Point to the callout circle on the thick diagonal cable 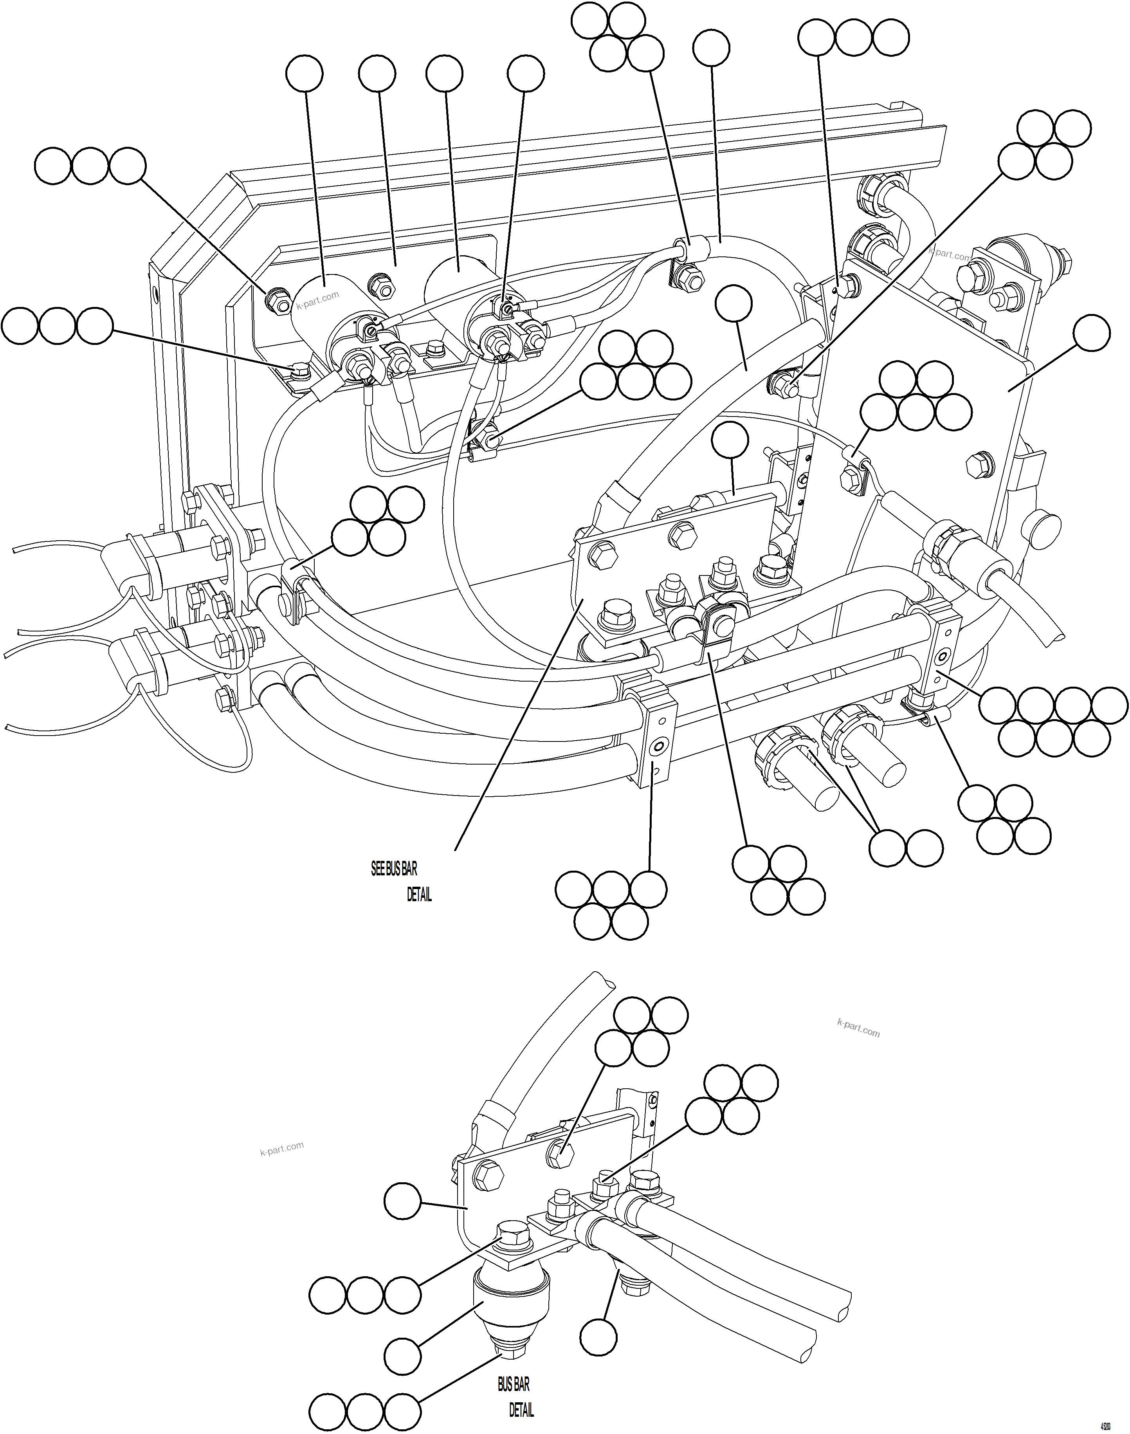click(734, 303)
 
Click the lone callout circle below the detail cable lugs click(599, 1337)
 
